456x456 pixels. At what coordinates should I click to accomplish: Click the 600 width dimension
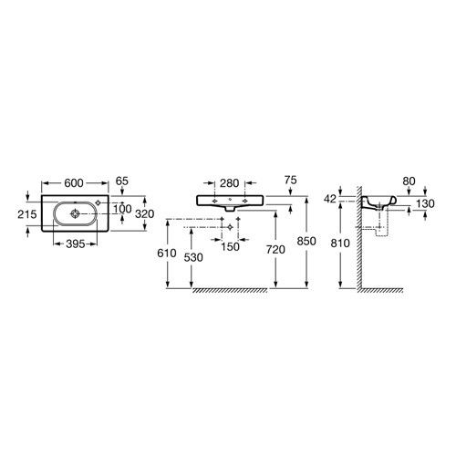[74, 183]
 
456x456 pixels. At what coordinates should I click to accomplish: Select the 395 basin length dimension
[76, 244]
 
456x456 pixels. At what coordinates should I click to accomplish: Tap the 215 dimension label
[27, 214]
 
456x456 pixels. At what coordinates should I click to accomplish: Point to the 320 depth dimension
[145, 214]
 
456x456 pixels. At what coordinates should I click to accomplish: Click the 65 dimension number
[122, 181]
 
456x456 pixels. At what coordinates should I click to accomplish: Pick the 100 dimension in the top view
[122, 209]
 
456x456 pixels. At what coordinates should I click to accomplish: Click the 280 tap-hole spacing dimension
[230, 183]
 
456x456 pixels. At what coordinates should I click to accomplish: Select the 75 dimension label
[291, 180]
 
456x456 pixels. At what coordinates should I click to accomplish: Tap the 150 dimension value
[230, 247]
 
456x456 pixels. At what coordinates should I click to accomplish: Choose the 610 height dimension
[167, 253]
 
